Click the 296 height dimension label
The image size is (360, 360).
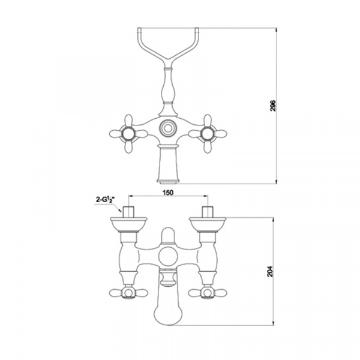(x=273, y=106)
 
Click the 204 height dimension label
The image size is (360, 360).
(x=270, y=271)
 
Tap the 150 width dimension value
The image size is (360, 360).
(x=168, y=193)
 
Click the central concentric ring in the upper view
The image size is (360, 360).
(x=168, y=128)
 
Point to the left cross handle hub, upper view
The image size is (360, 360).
(x=128, y=134)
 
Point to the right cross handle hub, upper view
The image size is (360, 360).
(x=208, y=134)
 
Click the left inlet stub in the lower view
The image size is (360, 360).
(x=128, y=212)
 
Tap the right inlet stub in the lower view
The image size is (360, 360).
(x=208, y=212)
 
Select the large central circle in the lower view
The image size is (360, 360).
(x=168, y=257)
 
